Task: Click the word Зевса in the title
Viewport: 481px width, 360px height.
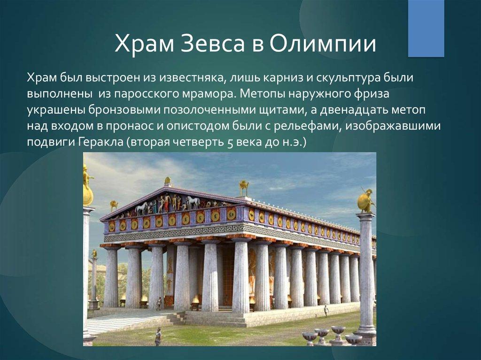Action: pos(213,43)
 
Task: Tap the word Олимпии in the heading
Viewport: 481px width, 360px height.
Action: pos(323,43)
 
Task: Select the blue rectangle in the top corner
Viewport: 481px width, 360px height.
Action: pos(426,29)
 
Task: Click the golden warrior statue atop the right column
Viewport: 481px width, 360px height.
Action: pos(366,199)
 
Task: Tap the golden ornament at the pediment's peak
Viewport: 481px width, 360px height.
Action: pos(168,181)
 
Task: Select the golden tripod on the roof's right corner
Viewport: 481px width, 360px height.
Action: pos(244,188)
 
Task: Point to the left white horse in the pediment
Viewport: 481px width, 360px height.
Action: pos(142,208)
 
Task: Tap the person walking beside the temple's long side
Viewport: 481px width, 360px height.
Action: pos(326,311)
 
